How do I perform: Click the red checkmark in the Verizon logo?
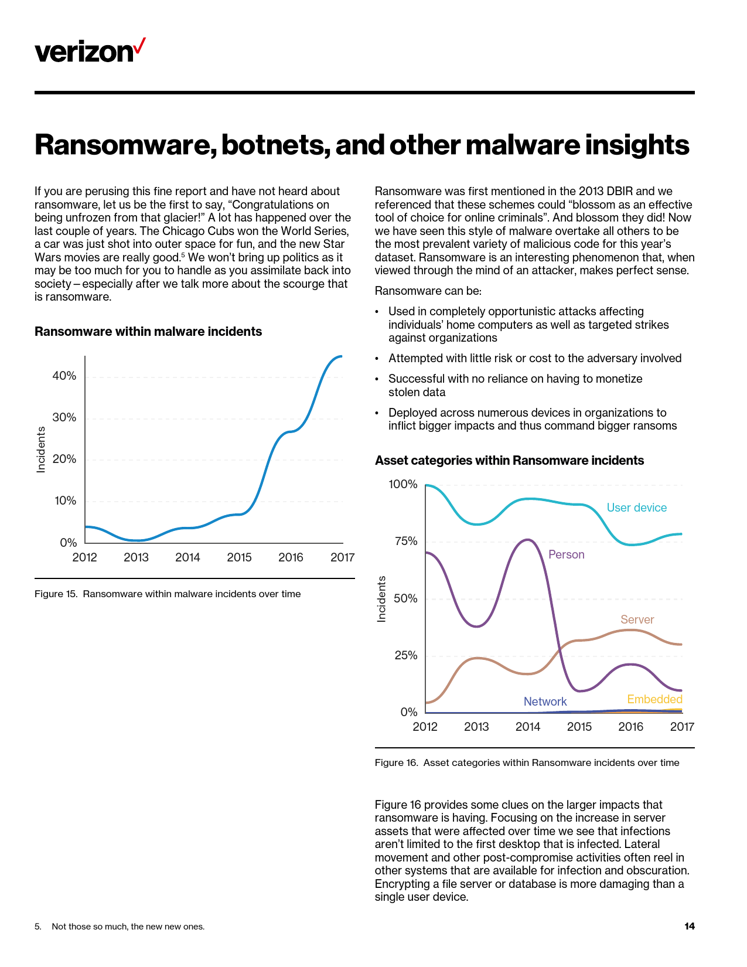(x=139, y=46)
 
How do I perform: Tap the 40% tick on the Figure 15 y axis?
(x=64, y=376)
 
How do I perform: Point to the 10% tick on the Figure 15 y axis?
(x=64, y=501)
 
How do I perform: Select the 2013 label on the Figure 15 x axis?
(x=136, y=557)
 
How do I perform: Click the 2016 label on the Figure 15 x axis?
(x=291, y=557)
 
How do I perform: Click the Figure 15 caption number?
(x=56, y=594)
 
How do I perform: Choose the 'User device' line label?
(x=636, y=508)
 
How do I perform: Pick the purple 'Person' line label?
(x=566, y=555)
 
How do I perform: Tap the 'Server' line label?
(x=637, y=620)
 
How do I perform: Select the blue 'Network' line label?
(x=545, y=702)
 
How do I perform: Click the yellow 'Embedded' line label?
(x=654, y=700)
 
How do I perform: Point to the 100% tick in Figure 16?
(x=403, y=485)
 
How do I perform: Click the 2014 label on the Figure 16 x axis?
(x=528, y=727)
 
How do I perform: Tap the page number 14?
(x=689, y=927)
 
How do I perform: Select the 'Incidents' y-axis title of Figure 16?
(x=382, y=599)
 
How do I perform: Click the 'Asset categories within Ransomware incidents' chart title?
(x=509, y=461)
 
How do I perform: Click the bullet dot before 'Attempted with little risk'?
(x=377, y=359)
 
